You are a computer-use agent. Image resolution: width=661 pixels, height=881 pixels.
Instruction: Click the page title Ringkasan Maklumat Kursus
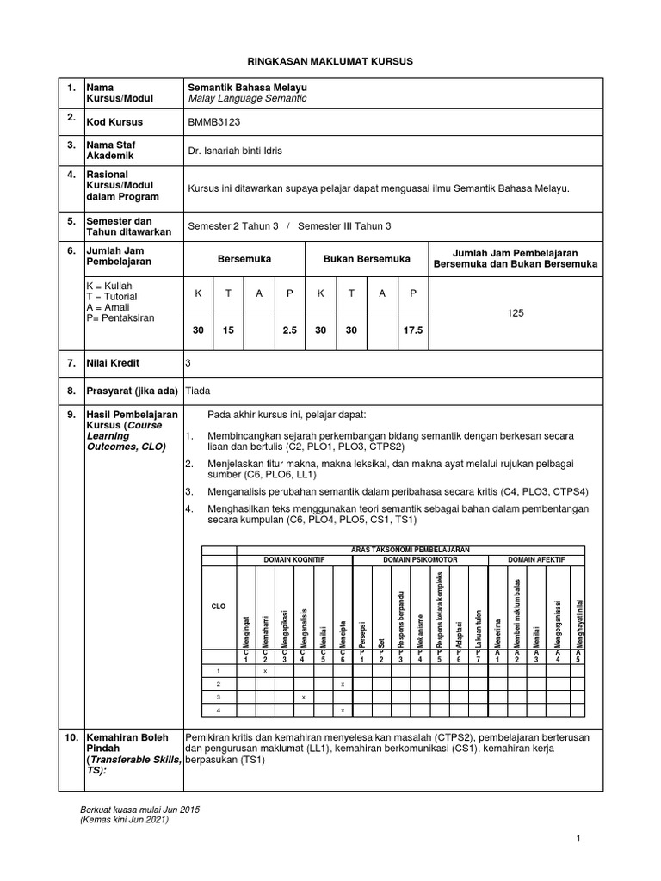pyautogui.click(x=330, y=61)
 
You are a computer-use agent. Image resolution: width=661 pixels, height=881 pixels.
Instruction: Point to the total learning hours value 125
pyautogui.click(x=516, y=315)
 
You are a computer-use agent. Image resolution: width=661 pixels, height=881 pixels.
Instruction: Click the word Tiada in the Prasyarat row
pyautogui.click(x=199, y=391)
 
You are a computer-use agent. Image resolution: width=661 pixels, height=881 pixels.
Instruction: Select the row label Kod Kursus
pyautogui.click(x=114, y=122)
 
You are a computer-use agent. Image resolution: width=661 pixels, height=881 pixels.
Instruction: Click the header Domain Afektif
pyautogui.click(x=536, y=559)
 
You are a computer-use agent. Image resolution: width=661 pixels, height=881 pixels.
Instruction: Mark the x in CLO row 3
pyautogui.click(x=304, y=697)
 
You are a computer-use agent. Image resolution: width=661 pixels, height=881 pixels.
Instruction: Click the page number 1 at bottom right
pyautogui.click(x=581, y=836)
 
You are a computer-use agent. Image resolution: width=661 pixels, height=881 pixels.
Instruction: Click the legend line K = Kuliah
pyautogui.click(x=109, y=285)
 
